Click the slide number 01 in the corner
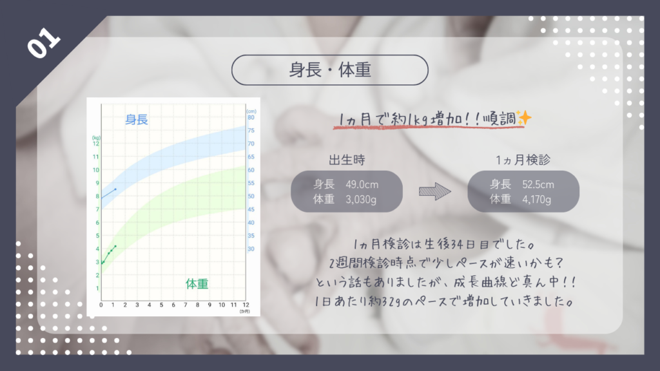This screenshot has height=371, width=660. coord(44,43)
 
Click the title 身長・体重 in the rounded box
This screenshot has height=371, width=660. coord(329,70)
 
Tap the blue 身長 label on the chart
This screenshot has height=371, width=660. coord(137,119)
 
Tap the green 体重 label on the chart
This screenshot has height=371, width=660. coord(197,284)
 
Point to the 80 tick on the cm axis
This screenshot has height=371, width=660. coord(251,117)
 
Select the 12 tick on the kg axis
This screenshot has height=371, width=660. coord(96,144)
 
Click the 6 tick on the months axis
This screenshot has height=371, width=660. coord(173,305)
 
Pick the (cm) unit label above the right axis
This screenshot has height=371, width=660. coord(251,111)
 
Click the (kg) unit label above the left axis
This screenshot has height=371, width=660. coord(96,138)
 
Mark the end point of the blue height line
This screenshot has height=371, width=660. coord(115,189)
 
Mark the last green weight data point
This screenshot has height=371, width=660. coord(115,246)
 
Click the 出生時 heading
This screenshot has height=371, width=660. coord(347,160)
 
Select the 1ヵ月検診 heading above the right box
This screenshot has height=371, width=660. coord(523,160)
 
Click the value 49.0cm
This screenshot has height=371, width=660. coord(362,185)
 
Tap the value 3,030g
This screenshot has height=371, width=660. coord(361,200)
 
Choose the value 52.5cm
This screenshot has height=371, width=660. coord(538,185)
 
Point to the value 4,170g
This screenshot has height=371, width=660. coord(537,200)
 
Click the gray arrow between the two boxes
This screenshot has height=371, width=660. coord(435,192)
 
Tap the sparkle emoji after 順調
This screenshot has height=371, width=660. coord(525,118)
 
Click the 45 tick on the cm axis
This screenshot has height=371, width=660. coord(251,209)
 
